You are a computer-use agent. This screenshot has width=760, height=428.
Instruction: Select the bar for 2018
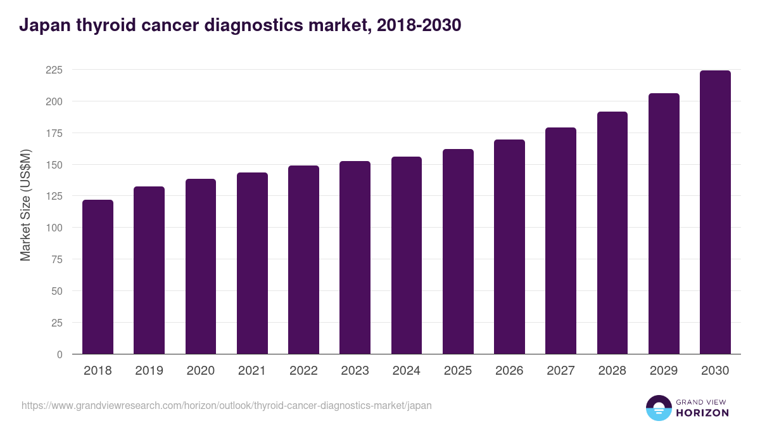point(98,277)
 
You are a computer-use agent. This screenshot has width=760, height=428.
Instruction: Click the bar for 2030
point(715,212)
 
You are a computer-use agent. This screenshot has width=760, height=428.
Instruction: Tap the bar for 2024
point(407,256)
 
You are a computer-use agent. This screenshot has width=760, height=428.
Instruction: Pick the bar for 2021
point(252,263)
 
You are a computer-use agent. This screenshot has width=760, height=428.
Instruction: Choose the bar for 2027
point(560,241)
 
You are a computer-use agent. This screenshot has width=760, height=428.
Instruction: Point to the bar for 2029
point(664,224)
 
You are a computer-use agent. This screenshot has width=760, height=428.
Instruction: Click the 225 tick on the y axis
point(54,70)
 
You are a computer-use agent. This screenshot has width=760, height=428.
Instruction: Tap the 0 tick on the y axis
point(60,354)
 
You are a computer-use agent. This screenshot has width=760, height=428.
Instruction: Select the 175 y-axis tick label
point(54,133)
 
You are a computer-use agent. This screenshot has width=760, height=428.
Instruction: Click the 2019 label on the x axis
point(149,371)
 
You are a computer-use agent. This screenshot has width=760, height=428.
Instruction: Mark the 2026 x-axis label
point(509,371)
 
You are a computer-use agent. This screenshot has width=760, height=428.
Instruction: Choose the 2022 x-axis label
point(303,371)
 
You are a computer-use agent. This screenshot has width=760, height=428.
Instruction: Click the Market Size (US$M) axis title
point(25,204)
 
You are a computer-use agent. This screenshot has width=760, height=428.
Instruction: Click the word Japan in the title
point(42,25)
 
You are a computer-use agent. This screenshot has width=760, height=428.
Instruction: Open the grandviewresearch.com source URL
point(227,405)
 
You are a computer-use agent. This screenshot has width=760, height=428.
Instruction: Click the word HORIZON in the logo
point(702,412)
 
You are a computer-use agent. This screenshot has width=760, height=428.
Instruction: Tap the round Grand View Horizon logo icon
point(659,408)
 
